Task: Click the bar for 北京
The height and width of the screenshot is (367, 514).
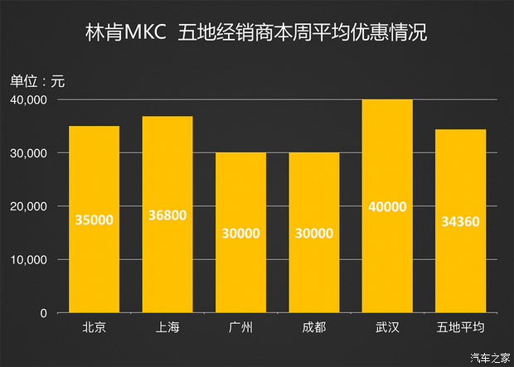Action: [94, 220]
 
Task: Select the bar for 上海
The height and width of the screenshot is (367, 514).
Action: [167, 215]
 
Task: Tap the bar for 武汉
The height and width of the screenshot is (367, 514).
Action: [387, 206]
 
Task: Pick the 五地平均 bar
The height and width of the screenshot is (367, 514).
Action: [460, 221]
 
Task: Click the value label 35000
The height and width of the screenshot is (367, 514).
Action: [94, 220]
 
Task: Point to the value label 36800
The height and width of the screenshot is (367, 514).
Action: [167, 215]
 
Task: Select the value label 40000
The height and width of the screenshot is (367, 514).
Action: [387, 206]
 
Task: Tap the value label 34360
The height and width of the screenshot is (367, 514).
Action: [460, 221]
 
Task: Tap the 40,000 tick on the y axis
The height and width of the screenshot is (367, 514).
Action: [29, 100]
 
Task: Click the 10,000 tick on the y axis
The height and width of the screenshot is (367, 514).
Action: [29, 260]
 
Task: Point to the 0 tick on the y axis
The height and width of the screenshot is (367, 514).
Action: [43, 313]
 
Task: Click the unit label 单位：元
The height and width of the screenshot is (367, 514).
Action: [37, 81]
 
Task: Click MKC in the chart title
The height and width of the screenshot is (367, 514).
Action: [145, 36]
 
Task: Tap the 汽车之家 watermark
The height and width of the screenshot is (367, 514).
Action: [490, 358]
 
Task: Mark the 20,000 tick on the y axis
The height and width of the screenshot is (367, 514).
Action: [29, 207]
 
